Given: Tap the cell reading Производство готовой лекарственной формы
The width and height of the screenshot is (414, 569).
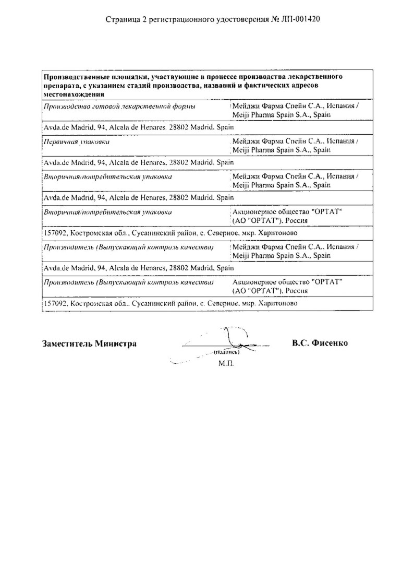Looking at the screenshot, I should [x=120, y=106].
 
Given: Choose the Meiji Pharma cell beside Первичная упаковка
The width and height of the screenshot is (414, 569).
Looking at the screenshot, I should [x=295, y=146].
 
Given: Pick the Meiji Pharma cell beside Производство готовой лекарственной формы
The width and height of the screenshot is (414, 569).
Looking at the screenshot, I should [x=295, y=110].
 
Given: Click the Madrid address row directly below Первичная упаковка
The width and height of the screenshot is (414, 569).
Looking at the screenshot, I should [x=139, y=162].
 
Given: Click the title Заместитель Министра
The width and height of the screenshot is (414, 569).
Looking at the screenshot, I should [x=89, y=343].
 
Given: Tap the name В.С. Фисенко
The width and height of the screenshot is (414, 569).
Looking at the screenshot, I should [x=320, y=343].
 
